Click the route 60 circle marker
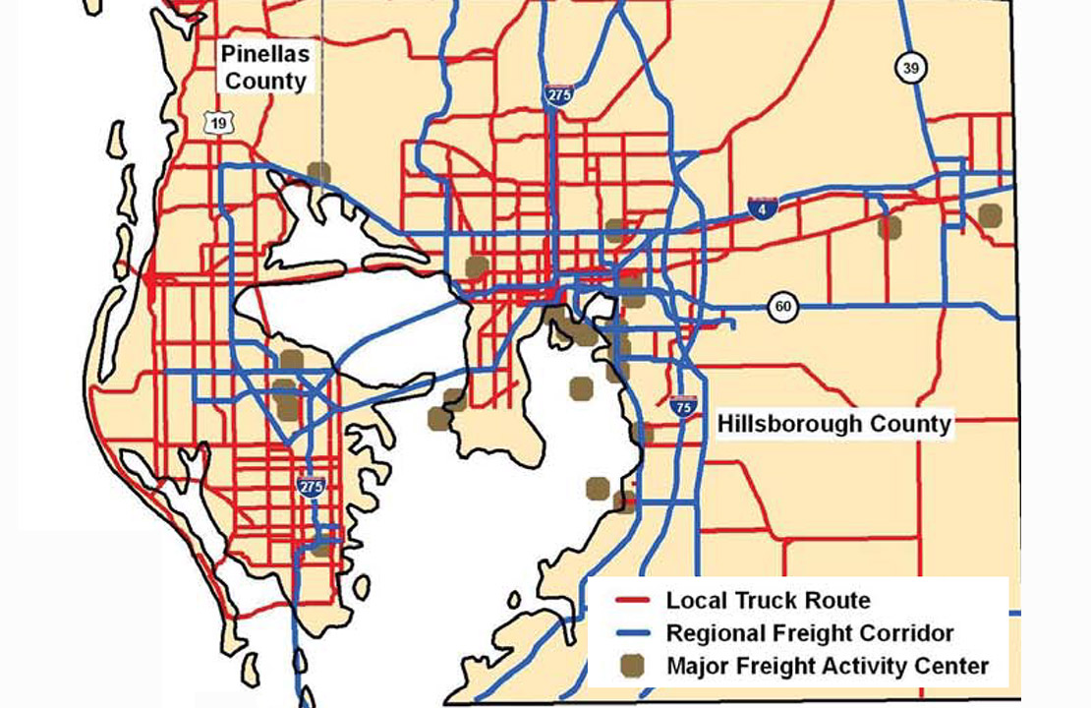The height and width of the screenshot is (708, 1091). point(783,307)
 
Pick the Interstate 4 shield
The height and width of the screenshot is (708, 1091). point(763,206)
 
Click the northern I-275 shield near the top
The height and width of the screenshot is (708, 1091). point(556,95)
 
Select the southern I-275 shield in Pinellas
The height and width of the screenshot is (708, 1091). point(311,487)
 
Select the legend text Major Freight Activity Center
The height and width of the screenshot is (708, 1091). point(827,666)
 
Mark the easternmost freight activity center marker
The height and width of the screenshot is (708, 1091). point(990,215)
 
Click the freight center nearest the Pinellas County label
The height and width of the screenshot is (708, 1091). point(317,173)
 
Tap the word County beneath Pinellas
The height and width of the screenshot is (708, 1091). point(265,81)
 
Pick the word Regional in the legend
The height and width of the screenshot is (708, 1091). point(711,633)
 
